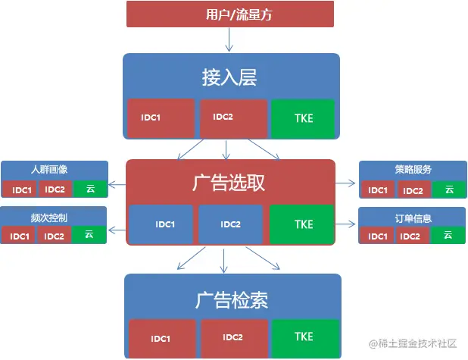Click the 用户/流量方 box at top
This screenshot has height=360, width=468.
tap(229, 14)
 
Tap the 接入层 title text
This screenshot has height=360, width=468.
tap(229, 77)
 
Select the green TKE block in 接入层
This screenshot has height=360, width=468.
tap(303, 118)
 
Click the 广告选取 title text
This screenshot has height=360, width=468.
tap(229, 183)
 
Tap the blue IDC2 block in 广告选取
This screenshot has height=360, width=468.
tap(230, 224)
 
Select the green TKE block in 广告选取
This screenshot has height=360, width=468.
tap(303, 224)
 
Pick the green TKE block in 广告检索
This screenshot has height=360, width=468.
tap(303, 337)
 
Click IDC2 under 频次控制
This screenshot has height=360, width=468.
tap(55, 236)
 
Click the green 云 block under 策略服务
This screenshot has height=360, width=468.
tap(448, 189)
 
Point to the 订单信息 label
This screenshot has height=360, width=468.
tap(413, 218)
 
